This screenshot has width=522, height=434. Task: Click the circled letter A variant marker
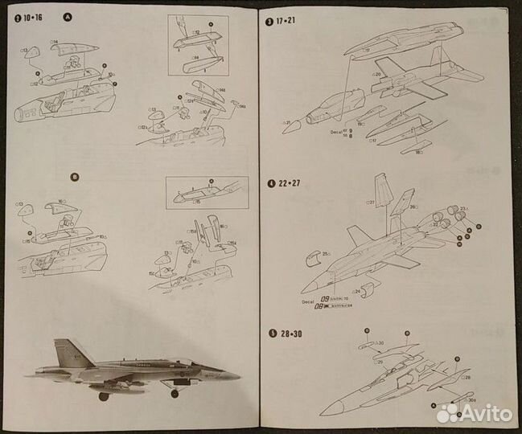(x=67, y=17)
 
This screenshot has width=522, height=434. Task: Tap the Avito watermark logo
(x=474, y=413)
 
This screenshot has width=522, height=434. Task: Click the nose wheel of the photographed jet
(x=175, y=393)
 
